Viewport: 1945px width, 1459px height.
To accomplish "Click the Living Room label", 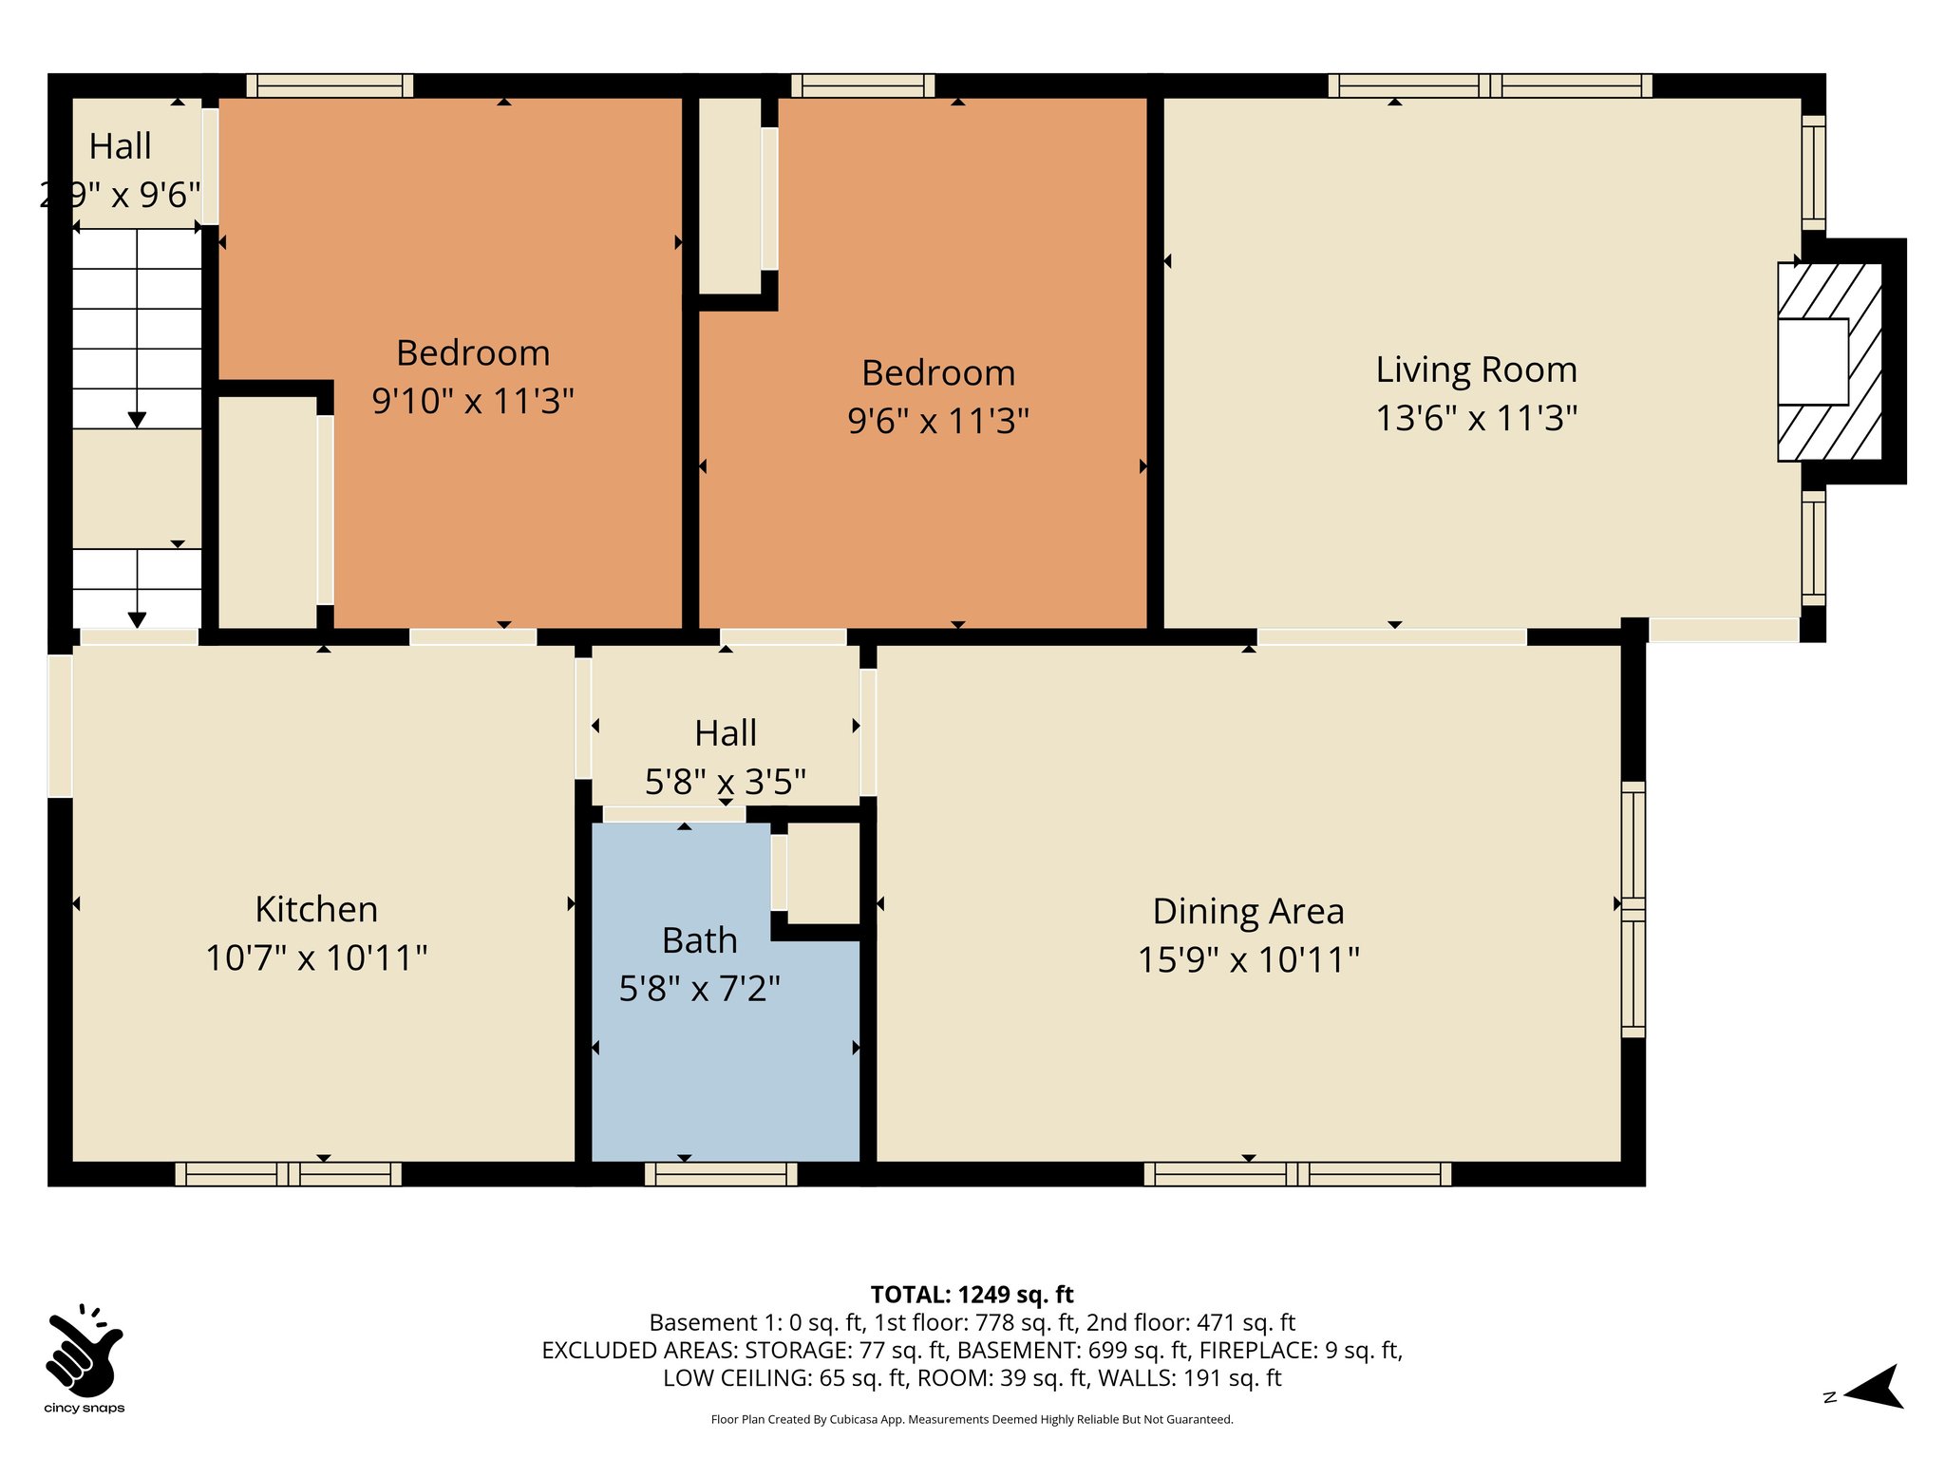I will [x=1476, y=369].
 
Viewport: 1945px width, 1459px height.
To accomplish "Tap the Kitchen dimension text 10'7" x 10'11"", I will [x=316, y=957].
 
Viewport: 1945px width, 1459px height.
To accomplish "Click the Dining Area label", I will [x=1248, y=911].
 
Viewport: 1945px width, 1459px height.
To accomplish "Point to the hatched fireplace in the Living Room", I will [x=1829, y=362].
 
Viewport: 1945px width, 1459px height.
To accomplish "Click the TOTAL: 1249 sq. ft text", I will [x=972, y=1294].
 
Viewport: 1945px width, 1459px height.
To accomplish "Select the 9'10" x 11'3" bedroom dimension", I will [x=473, y=401].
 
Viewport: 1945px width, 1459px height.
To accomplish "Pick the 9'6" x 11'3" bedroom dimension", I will [x=938, y=420].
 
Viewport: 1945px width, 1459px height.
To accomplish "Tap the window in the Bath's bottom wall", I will [x=721, y=1174].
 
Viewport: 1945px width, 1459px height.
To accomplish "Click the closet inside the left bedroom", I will [x=268, y=511].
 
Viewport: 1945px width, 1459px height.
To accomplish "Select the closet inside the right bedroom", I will [x=729, y=195].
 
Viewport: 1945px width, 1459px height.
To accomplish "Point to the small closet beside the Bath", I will [x=822, y=872].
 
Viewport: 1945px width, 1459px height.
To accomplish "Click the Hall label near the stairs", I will [x=121, y=147].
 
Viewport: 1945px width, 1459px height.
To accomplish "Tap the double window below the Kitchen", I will [x=288, y=1174].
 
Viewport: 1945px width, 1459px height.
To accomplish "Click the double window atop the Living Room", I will [x=1489, y=85].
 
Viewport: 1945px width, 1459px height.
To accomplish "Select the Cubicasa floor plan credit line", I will [x=972, y=1419].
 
